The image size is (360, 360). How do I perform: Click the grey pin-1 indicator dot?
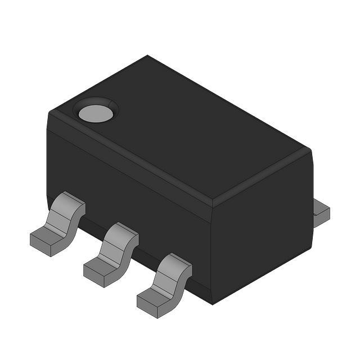(x=96, y=113)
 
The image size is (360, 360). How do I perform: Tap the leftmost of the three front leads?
(x=58, y=223)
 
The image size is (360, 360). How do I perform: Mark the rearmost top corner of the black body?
(x=148, y=56)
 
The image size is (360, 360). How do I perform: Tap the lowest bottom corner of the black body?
(x=212, y=304)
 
